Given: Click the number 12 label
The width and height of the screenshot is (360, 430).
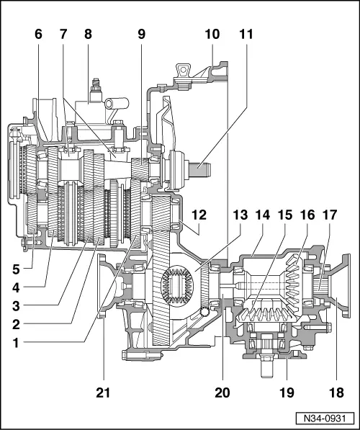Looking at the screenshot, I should click(x=199, y=215).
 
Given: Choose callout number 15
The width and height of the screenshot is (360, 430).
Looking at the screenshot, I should click(x=286, y=215).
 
